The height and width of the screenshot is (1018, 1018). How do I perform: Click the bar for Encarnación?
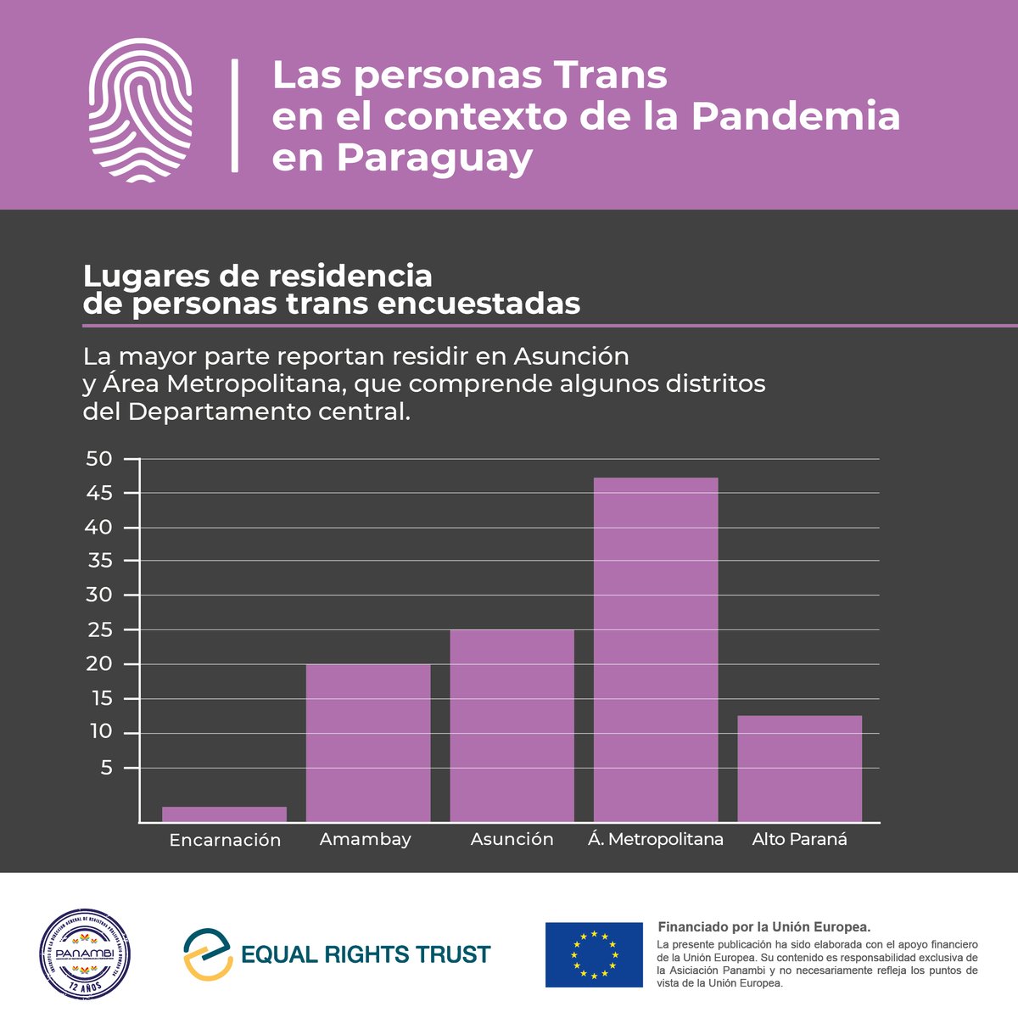coord(224,814)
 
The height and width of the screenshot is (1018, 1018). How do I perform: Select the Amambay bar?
coord(368,742)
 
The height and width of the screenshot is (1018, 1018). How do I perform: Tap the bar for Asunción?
coord(512,725)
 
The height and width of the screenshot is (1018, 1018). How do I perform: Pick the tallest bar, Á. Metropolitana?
coord(656,649)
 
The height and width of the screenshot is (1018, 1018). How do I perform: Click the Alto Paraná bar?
coord(799,768)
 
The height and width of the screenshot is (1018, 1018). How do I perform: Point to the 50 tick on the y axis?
coord(99,459)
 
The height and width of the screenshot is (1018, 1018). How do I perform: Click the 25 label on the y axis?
coord(99,630)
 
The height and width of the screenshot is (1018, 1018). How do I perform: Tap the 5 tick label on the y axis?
coord(106,768)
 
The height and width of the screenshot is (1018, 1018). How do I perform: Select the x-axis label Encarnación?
coord(225,840)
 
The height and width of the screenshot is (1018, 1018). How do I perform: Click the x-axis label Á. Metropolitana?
coord(656,840)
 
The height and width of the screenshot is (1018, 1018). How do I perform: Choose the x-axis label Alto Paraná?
coord(799,840)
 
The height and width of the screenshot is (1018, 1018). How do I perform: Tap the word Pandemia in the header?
coord(795,116)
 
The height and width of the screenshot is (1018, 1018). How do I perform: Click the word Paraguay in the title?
coord(434,158)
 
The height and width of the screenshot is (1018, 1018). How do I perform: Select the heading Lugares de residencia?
coord(258,277)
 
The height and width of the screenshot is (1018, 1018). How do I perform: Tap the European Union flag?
coord(594,954)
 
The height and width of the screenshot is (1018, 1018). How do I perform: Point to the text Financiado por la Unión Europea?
coord(764,927)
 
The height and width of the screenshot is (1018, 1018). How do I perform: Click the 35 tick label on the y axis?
coord(99,562)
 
